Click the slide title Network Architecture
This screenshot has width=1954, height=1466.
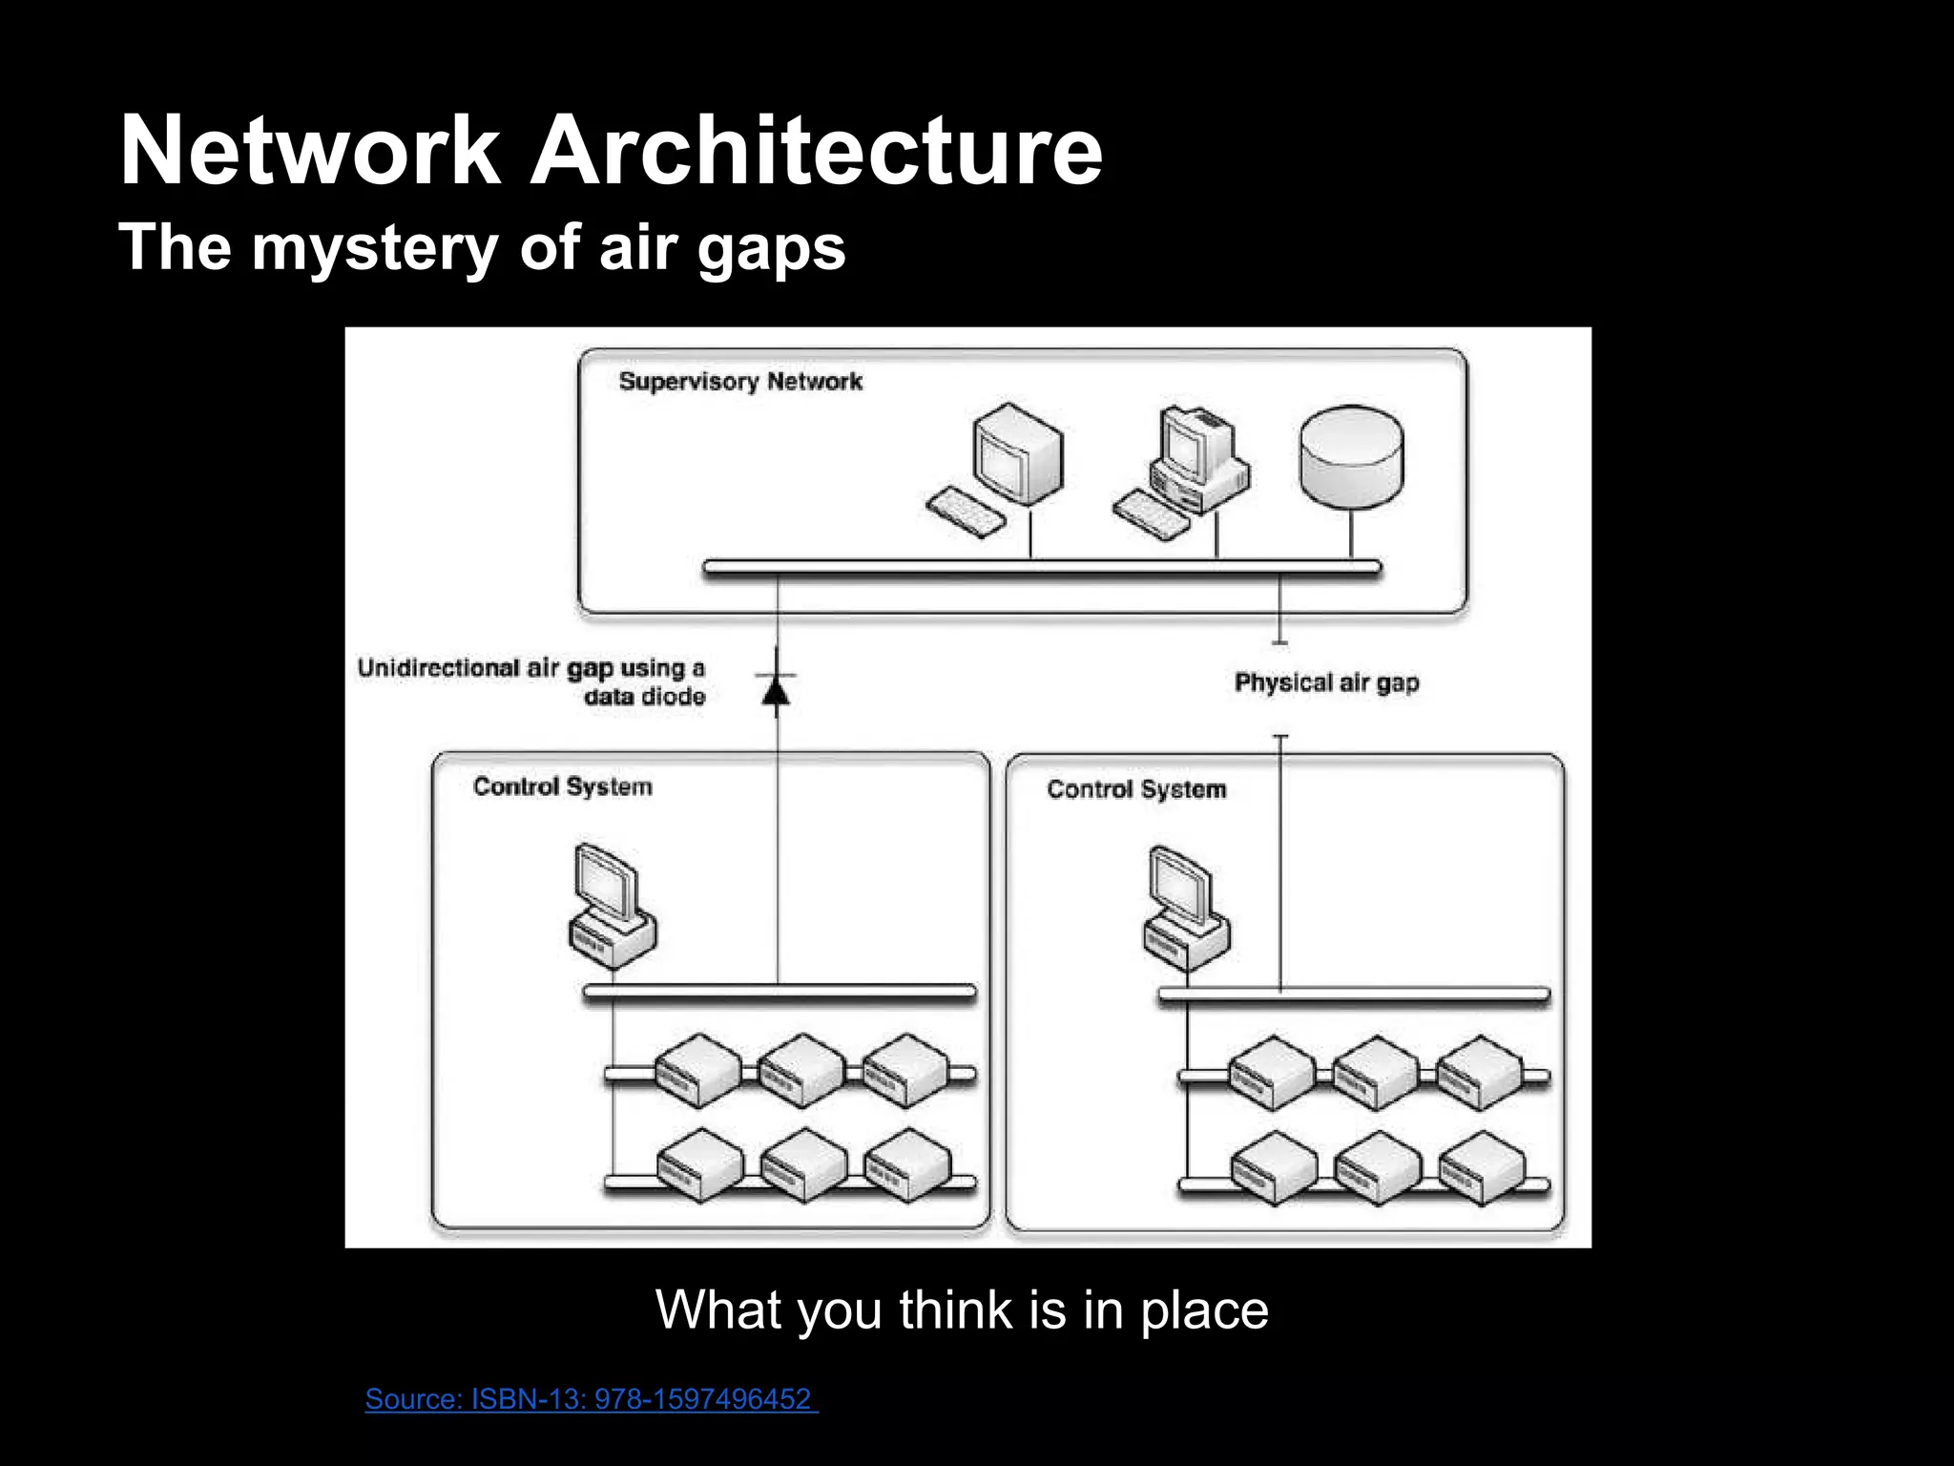pos(611,151)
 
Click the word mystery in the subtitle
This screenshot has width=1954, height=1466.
pos(374,248)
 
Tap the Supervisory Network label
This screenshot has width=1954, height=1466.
pos(740,382)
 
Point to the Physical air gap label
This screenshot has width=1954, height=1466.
pos(1326,682)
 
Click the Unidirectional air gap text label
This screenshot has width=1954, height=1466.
pos(532,681)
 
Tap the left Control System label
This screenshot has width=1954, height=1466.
pos(563,787)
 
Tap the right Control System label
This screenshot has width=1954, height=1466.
pos(1135,789)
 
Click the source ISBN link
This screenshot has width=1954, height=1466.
pos(590,1399)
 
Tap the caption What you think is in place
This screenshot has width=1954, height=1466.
pos(962,1309)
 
